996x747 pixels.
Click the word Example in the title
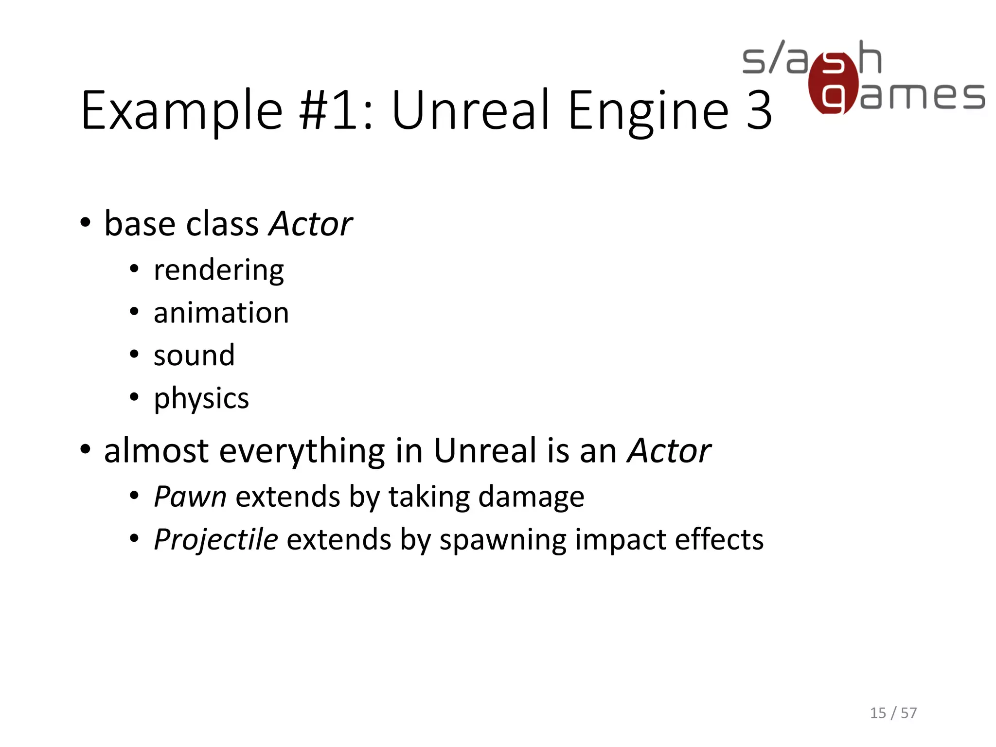[182, 111]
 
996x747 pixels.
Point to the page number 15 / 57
[893, 713]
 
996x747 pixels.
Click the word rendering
[218, 270]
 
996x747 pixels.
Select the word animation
[221, 313]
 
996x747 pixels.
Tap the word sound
[194, 355]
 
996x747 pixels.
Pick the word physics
[201, 398]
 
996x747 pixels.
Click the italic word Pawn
[190, 497]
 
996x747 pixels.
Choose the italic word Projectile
[216, 539]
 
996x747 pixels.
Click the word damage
[531, 497]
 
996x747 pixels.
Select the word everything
[302, 451]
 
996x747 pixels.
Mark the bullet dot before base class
[86, 223]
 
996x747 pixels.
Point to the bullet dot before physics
[135, 397]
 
